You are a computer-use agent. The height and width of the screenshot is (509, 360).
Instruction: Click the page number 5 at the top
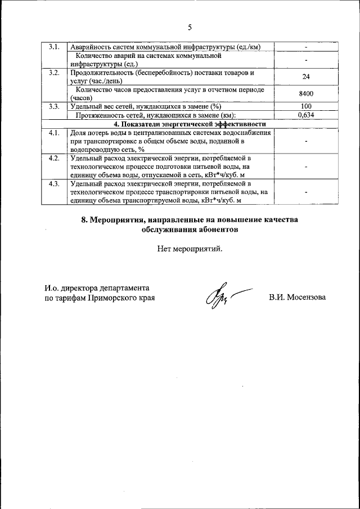tap(190, 27)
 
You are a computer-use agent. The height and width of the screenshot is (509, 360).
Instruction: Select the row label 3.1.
tap(54, 46)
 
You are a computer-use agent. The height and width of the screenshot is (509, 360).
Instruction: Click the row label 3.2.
tap(54, 73)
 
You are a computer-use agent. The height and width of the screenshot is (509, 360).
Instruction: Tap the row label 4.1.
tap(54, 133)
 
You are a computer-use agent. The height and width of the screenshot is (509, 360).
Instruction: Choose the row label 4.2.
tap(54, 158)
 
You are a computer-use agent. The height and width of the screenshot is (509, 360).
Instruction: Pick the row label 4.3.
tap(54, 184)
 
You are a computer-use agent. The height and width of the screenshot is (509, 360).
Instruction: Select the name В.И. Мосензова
tap(297, 297)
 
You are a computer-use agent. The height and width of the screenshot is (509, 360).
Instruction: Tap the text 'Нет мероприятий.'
tap(190, 249)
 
